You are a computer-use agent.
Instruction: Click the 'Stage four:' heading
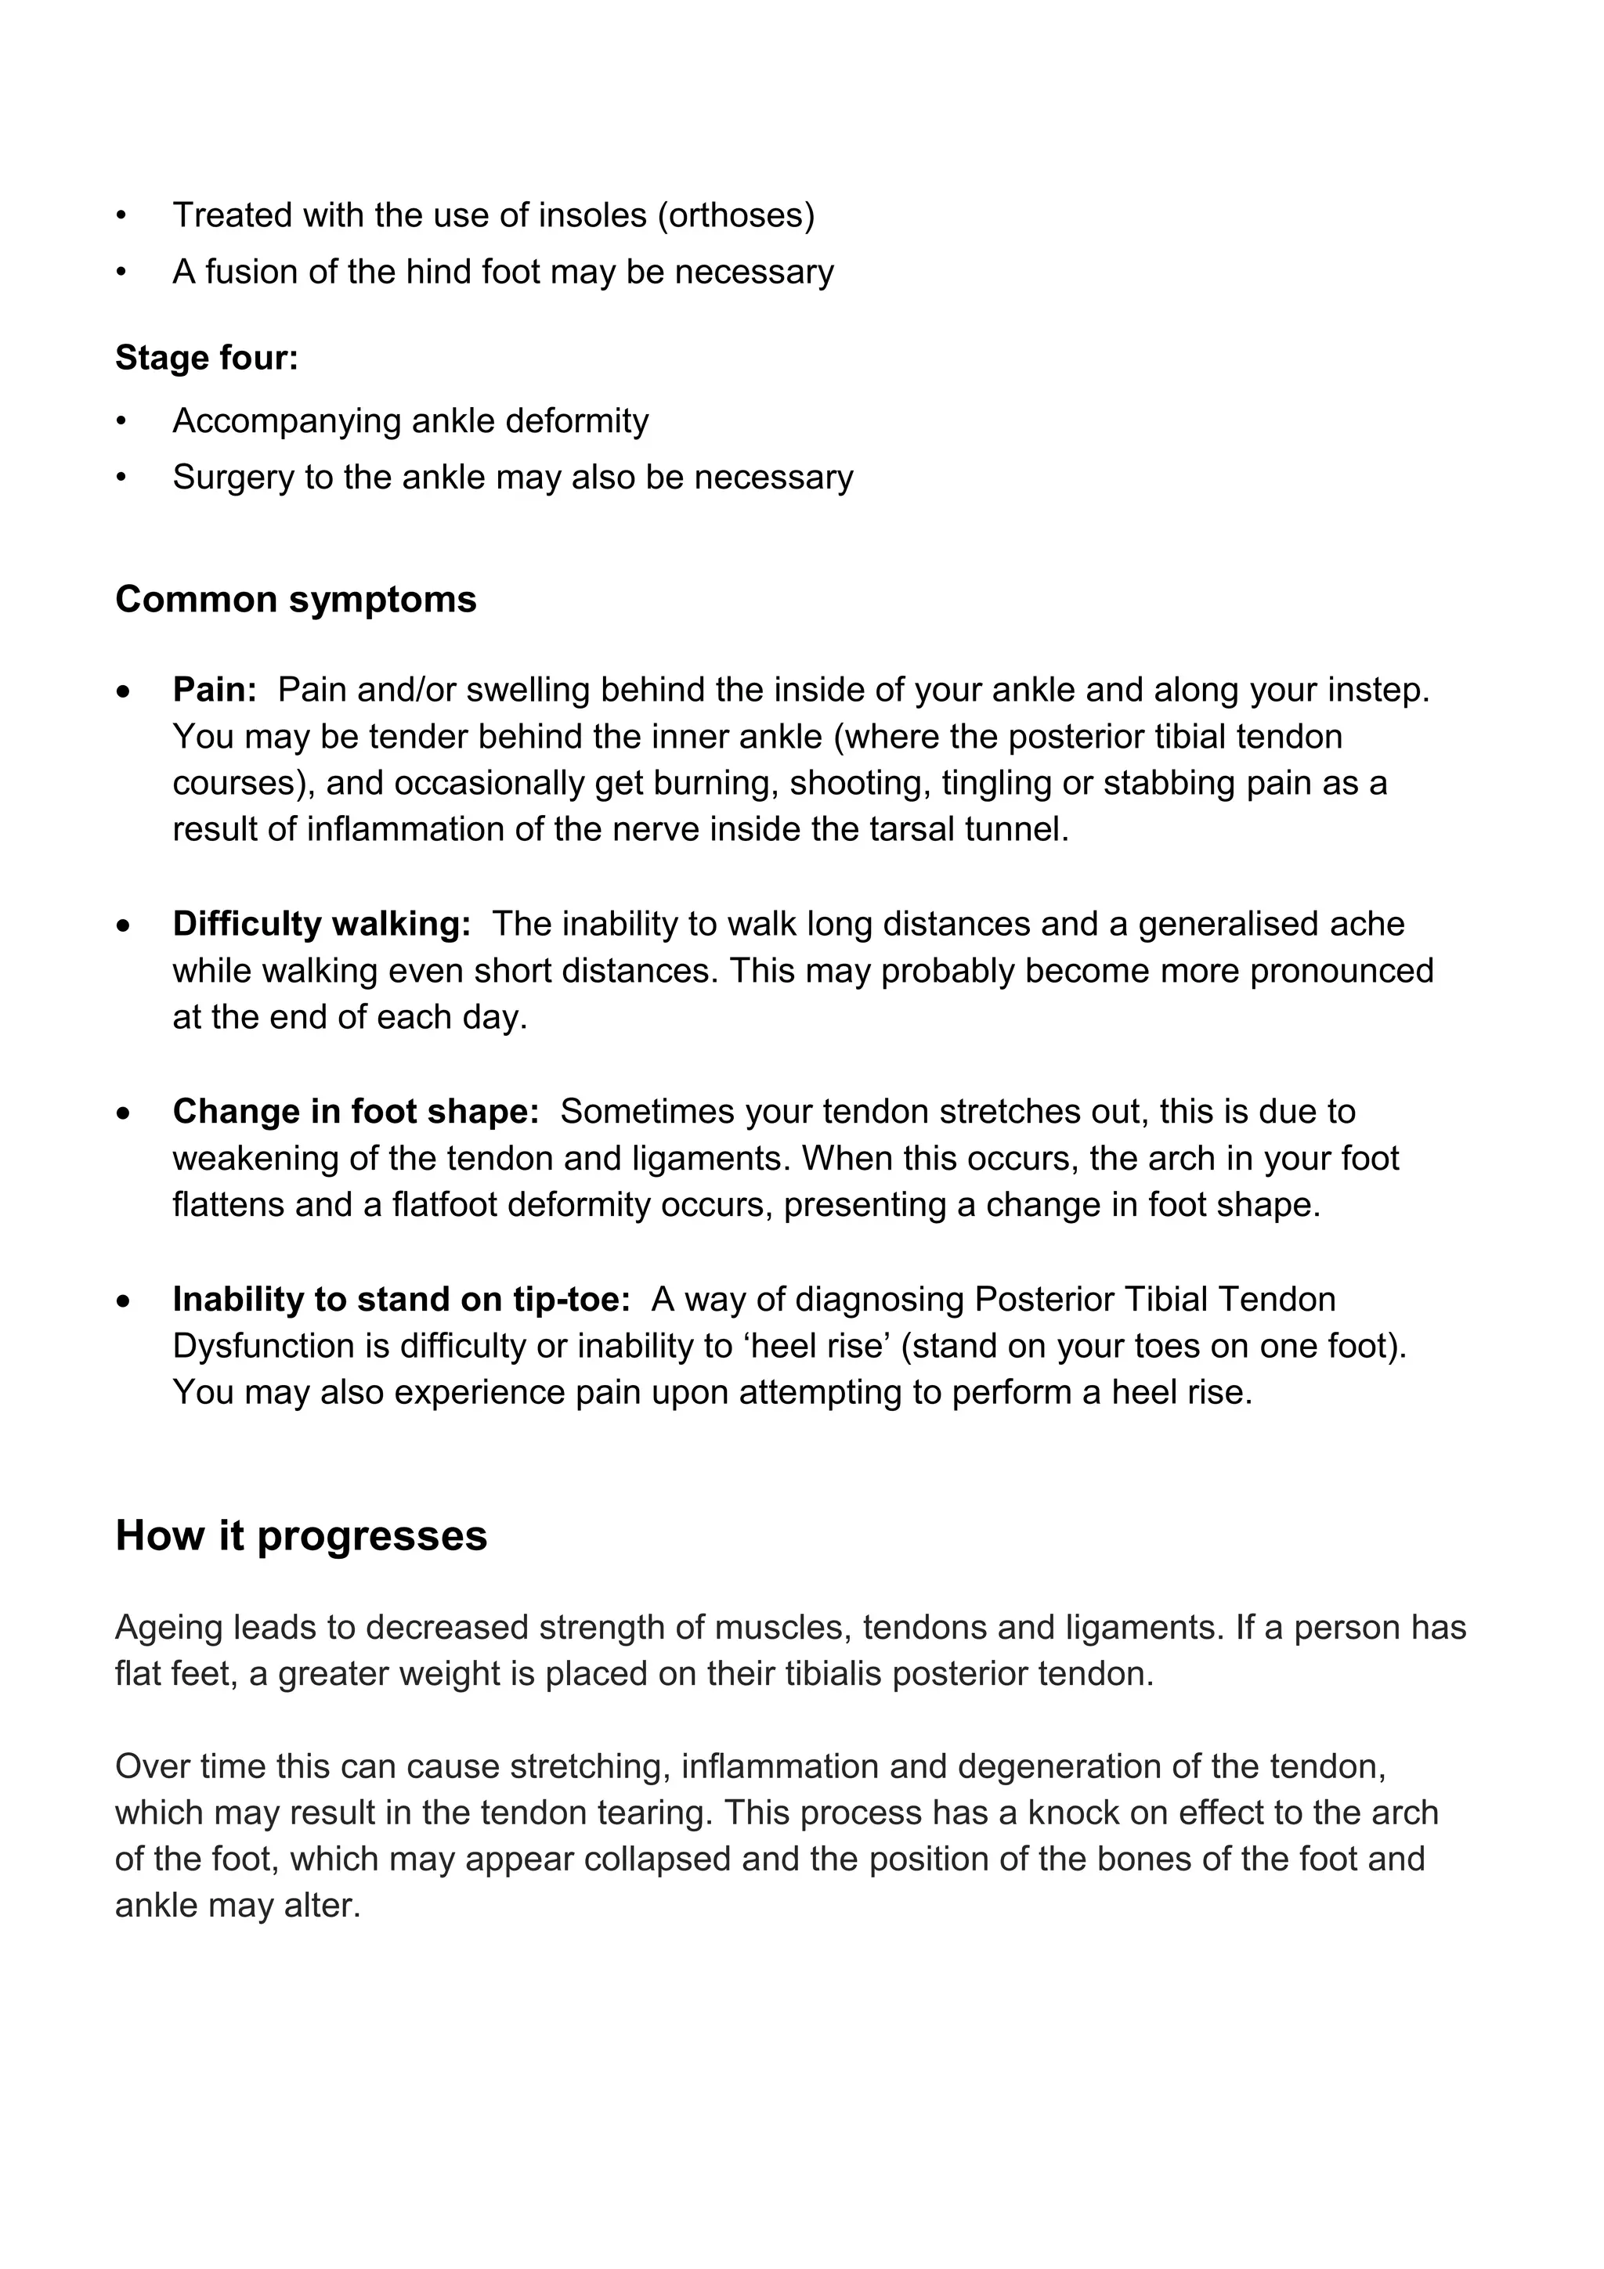207,358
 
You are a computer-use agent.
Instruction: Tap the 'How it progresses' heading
302,1535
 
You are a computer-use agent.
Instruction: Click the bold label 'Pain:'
215,690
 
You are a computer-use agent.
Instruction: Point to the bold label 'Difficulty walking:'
321,924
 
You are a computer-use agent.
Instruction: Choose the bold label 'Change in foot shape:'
356,1112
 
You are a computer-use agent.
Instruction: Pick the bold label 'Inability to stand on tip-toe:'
401,1300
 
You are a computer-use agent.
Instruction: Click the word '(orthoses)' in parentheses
736,215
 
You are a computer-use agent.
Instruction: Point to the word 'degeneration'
1060,1767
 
